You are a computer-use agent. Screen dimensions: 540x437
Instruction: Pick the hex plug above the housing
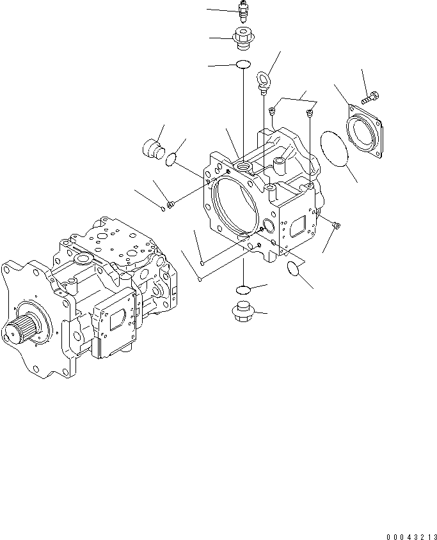(x=242, y=40)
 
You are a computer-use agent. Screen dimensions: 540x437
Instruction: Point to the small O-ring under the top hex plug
(x=242, y=64)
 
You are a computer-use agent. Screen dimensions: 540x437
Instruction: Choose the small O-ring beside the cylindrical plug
(x=171, y=158)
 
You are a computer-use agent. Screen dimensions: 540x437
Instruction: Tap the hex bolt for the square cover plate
(x=371, y=98)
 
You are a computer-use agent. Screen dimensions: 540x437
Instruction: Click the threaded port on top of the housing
(x=243, y=167)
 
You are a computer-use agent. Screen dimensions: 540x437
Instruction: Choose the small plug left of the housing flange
(x=170, y=204)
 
